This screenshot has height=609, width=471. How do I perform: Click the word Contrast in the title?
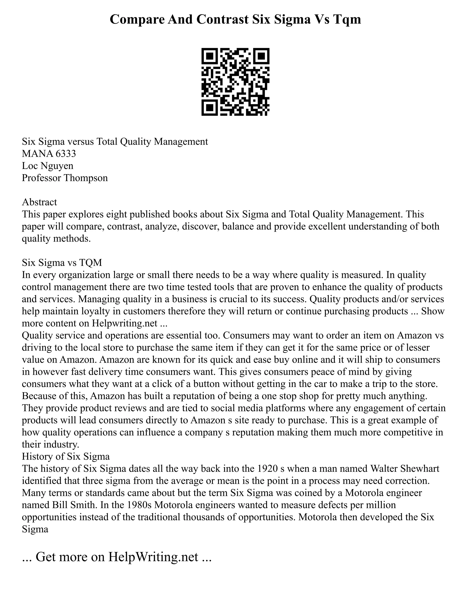point(222,20)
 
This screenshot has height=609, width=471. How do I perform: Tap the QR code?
point(235,82)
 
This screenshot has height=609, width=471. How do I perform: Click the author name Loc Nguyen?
point(48,166)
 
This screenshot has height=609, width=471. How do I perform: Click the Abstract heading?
point(39,202)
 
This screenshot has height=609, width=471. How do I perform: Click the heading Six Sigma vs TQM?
point(62,262)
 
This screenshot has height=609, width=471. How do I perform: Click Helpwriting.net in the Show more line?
point(124,323)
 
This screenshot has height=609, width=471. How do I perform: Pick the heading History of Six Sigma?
point(66,456)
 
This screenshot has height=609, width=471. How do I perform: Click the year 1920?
point(267,468)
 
